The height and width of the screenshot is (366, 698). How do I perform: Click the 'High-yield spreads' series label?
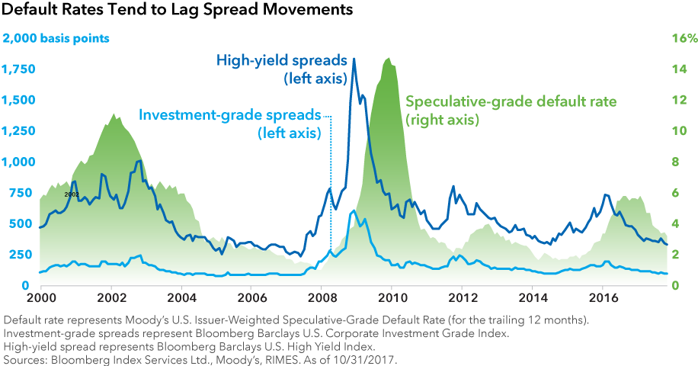click(282, 59)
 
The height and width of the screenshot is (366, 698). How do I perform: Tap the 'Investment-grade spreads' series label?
click(230, 115)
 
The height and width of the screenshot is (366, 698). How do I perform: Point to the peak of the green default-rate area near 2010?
click(389, 59)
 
